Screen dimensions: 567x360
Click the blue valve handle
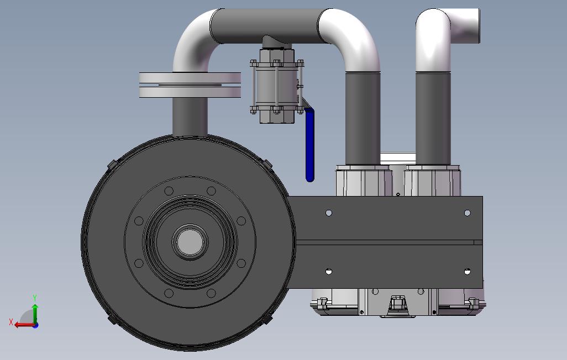(309, 145)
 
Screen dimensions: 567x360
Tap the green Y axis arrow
(35, 314)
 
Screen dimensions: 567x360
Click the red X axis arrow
(24, 325)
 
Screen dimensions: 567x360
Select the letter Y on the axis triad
(35, 298)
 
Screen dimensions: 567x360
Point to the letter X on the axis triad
(11, 322)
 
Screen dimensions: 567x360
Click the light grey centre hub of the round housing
(190, 242)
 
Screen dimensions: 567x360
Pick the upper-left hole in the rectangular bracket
(329, 213)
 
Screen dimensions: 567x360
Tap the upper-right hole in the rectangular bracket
(467, 213)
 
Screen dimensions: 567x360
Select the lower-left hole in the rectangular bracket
(329, 272)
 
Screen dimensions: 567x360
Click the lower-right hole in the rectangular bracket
(467, 272)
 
